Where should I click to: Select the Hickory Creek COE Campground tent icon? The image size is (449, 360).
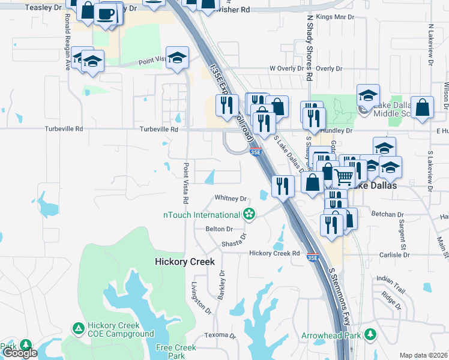click(78, 328)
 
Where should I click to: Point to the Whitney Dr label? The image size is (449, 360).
click(231, 198)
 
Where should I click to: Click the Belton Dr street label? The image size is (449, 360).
click(219, 229)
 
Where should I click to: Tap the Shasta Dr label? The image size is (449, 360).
click(234, 242)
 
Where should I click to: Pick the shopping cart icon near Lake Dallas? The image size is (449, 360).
click(343, 177)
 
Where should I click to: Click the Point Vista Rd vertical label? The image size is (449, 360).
click(186, 182)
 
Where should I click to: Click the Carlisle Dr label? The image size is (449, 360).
click(394, 254)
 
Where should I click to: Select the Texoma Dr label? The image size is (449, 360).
click(218, 335)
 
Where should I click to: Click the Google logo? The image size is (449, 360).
click(20, 353)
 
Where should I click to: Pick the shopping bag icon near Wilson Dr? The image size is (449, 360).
click(423, 107)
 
